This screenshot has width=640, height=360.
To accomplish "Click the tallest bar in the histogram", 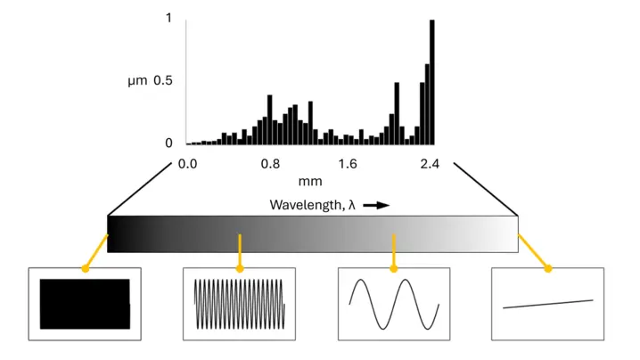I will pos(432,82).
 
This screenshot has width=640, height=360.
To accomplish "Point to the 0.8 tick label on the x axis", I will pos(271,164).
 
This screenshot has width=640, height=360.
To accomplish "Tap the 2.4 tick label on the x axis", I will pos(430,164).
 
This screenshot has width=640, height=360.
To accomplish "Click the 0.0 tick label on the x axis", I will pos(187,164).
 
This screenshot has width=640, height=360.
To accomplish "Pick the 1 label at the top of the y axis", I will pos(168,18).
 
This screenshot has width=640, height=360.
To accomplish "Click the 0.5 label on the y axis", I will pos(162,81).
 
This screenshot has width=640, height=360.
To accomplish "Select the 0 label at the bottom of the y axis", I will pos(168,143).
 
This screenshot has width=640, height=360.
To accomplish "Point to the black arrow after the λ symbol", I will pos(376,205).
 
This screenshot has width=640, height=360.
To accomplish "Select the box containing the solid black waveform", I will pos(85,304).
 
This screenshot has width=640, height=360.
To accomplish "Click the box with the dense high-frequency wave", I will pos(239,304).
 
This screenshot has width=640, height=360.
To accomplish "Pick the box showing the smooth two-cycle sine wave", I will pos(393,304).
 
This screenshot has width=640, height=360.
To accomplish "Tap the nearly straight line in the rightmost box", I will pos(547,304).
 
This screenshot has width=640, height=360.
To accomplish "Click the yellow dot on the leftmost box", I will pos(85,268).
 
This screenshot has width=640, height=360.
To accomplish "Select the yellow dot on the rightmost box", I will pos(547,268).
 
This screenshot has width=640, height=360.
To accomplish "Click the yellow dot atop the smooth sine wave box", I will pos(393,268).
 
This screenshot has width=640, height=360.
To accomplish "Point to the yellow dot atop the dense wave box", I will pos(239,268).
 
